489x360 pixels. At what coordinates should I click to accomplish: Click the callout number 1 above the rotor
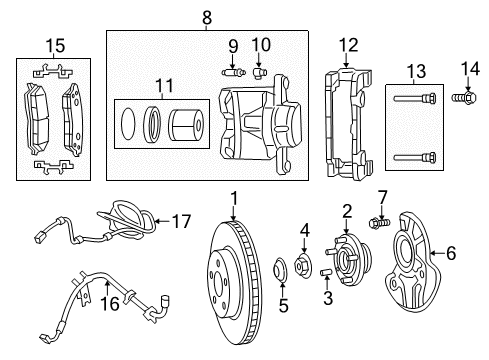pyautogui.click(x=233, y=198)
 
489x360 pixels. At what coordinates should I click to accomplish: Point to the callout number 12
pyautogui.click(x=347, y=44)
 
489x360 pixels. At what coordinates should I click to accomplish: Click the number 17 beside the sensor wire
pyautogui.click(x=180, y=222)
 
